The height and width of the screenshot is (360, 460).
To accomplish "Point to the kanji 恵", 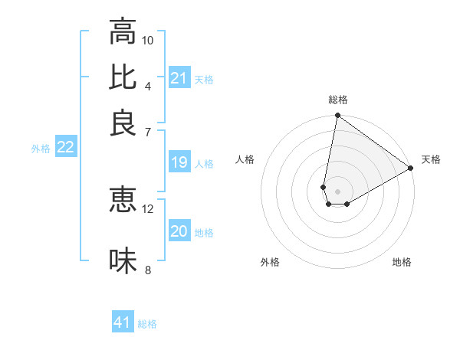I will [123, 199].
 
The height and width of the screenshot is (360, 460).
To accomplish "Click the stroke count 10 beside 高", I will [148, 40].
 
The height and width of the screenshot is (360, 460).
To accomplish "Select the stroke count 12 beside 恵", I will [148, 208].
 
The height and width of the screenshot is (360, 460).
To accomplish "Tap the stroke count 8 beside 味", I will [148, 269].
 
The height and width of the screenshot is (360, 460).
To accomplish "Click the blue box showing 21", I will [179, 78].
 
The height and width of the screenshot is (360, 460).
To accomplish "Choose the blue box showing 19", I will [179, 162].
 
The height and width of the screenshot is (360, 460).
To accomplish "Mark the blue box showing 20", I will [179, 231].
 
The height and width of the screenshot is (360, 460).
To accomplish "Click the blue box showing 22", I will [65, 147].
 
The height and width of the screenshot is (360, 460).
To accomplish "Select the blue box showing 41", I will [123, 322].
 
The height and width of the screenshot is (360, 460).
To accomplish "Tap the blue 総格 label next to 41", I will [147, 324].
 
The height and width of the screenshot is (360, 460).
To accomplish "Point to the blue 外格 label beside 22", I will [41, 149].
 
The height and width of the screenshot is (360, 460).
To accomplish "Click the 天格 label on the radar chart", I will [431, 159].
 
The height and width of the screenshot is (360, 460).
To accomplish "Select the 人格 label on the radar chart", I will [245, 159].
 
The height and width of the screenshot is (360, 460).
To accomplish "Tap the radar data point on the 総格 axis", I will [337, 116].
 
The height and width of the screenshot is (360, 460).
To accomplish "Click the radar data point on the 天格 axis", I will [411, 169].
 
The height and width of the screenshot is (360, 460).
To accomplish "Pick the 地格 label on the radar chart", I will [402, 263].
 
